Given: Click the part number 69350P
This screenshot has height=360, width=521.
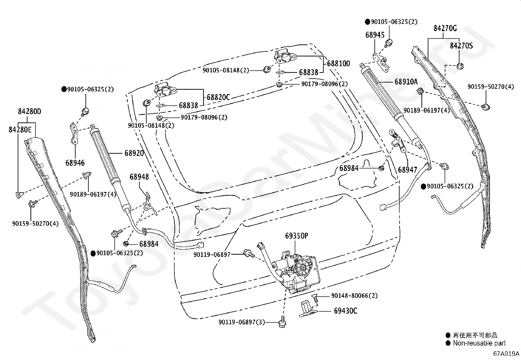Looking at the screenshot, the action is (x=296, y=236).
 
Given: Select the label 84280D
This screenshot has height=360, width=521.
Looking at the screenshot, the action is (x=29, y=112).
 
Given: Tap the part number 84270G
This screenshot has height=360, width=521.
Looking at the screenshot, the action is (x=445, y=28).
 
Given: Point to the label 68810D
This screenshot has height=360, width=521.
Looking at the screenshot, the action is (x=338, y=63).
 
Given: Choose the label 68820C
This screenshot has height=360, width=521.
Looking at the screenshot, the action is (x=218, y=97).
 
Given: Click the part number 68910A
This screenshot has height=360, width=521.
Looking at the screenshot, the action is (x=406, y=82).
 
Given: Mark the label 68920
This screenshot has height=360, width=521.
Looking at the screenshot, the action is (x=134, y=153).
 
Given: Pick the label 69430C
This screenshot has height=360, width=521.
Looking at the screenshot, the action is (x=345, y=311).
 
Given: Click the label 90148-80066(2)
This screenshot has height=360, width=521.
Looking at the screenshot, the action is (x=354, y=295).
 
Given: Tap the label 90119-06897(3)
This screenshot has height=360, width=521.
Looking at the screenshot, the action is (x=242, y=322).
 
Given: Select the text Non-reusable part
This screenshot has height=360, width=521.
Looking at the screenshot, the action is (x=479, y=343).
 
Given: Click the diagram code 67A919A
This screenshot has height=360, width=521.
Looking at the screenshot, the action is (x=506, y=353).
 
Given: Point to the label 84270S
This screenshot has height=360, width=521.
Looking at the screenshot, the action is (x=461, y=46).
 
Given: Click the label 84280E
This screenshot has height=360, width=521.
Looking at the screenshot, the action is (x=20, y=129).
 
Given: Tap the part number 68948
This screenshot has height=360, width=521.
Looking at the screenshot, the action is (x=139, y=177).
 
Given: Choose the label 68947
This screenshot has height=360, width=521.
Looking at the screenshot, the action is (x=407, y=170).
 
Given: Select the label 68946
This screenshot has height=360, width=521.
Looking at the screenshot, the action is (x=75, y=163).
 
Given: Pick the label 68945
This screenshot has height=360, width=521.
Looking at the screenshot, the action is (x=375, y=35).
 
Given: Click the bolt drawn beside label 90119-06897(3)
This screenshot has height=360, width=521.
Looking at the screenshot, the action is (x=282, y=322).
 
